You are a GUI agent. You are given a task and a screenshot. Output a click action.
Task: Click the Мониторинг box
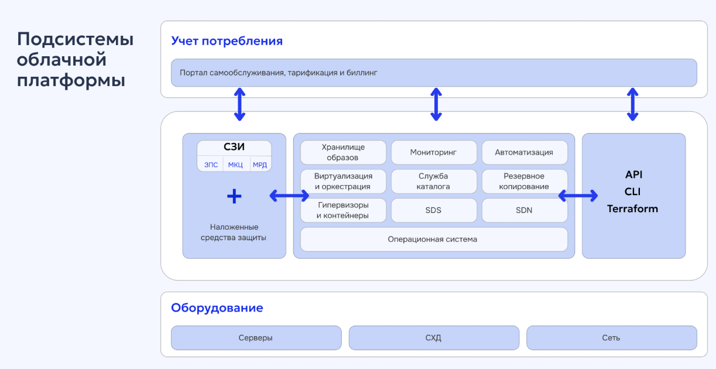[434, 152]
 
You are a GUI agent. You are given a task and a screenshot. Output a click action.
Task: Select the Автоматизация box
[524, 152]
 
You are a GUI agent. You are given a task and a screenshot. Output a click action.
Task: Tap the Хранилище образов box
[343, 152]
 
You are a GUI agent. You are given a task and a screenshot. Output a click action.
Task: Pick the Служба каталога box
[434, 182]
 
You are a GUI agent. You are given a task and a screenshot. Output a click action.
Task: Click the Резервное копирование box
[524, 182]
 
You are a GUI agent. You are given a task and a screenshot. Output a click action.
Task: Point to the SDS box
[434, 210]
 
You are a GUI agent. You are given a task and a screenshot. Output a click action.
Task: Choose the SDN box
[524, 210]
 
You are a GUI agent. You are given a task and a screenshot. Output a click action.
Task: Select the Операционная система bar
[434, 239]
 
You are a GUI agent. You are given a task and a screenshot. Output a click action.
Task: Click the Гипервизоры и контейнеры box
[343, 210]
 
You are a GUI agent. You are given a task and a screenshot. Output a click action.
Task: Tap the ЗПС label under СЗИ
[211, 165]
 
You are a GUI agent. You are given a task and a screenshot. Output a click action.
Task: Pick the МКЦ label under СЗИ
[235, 165]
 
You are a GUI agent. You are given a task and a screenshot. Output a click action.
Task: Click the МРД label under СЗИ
[260, 165]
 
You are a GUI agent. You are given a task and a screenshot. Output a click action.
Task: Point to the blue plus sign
[234, 196]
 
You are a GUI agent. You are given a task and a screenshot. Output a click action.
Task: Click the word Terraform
[632, 209]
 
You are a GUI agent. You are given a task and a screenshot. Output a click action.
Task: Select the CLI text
[633, 192]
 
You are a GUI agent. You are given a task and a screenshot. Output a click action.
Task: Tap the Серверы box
[256, 338]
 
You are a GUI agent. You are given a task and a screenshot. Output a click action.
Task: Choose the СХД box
[434, 338]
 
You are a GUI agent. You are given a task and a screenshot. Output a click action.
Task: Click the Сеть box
[612, 338]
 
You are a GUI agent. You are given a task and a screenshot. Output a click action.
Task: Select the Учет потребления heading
[227, 41]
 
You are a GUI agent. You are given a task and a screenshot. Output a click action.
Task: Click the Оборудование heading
[217, 308]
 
